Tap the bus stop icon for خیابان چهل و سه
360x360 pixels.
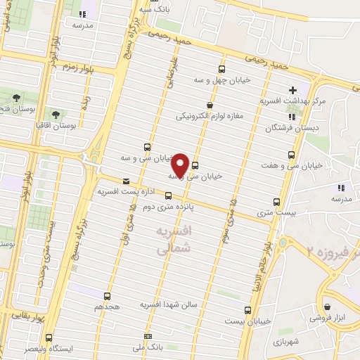[222, 69]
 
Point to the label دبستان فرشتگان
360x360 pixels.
[290, 129]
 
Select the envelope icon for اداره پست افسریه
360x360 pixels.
[126, 180]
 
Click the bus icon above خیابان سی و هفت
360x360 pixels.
[291, 155]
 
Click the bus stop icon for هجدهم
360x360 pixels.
[108, 296]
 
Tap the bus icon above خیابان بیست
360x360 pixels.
[245, 309]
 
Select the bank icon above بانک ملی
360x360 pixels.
[147, 336]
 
